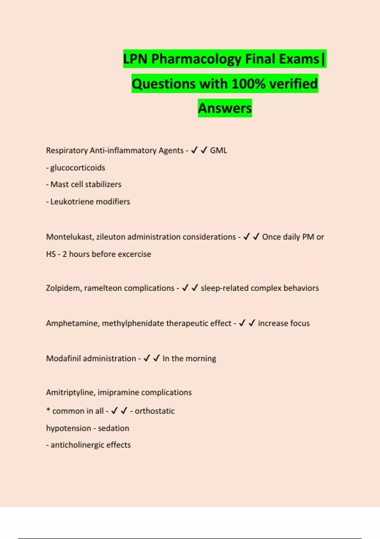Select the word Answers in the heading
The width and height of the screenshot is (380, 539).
pos(225,108)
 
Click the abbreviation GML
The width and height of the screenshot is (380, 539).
pos(218,150)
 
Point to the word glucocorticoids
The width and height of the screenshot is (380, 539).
pos(78,168)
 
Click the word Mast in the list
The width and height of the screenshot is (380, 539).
pos(60,185)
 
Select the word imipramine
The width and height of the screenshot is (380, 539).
pos(118,393)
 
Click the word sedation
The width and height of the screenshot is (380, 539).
pos(113,428)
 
